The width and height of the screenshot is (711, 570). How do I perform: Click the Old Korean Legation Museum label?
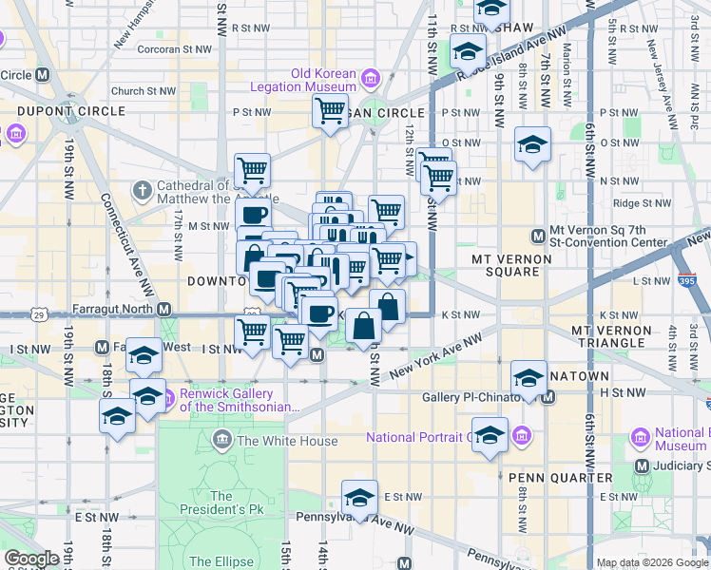point(323,81)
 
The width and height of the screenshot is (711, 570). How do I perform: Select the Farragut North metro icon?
point(164,310)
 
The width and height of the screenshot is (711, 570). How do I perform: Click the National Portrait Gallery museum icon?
point(522,438)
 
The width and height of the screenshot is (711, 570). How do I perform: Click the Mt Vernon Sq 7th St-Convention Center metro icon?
point(537,235)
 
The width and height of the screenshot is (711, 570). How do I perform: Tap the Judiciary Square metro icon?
point(643,465)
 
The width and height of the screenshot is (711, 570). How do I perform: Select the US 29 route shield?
point(38,313)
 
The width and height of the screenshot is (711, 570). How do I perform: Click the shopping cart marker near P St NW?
point(330,112)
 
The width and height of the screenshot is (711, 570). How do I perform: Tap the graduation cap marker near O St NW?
point(532,145)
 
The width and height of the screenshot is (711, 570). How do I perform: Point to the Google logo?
point(31,559)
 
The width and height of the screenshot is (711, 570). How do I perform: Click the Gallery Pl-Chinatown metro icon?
point(548,396)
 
